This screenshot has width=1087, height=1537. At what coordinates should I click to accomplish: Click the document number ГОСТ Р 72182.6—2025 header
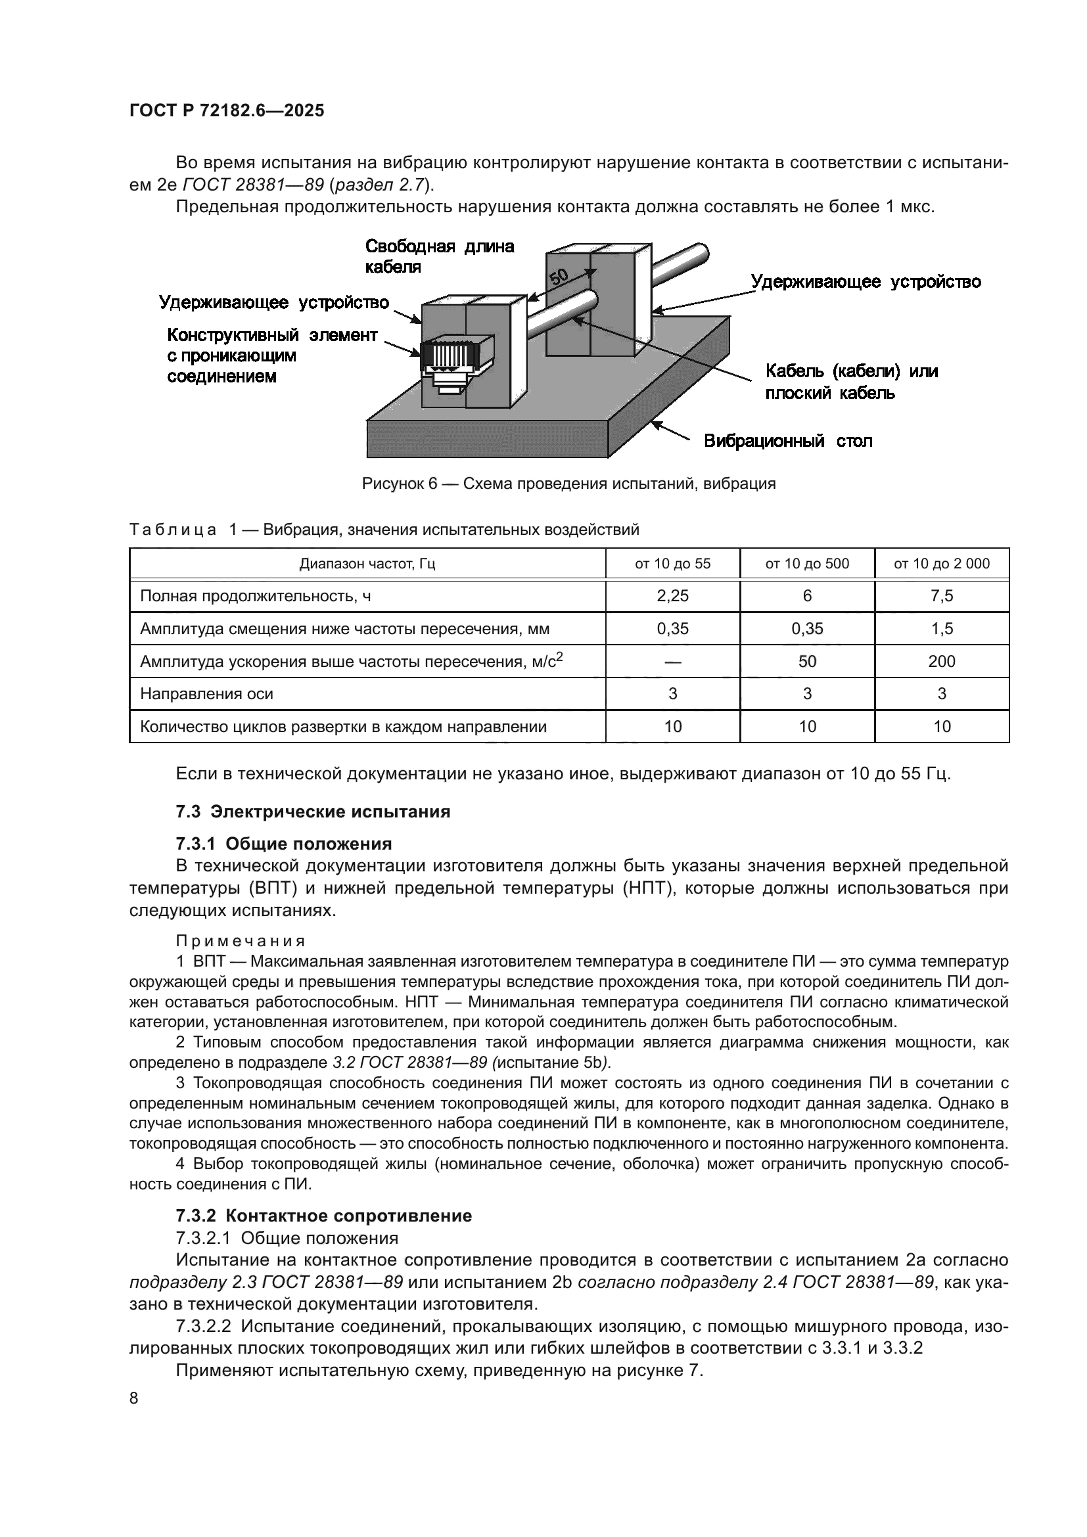[226, 110]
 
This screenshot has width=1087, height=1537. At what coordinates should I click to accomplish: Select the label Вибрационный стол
[788, 441]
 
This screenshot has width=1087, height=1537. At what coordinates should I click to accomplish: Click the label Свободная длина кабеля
[439, 256]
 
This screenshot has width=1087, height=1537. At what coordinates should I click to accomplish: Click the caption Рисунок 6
[568, 484]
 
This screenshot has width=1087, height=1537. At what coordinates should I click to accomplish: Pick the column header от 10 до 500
[806, 564]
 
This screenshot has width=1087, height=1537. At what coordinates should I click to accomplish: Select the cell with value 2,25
[672, 596]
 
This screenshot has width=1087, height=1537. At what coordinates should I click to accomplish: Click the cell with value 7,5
[941, 596]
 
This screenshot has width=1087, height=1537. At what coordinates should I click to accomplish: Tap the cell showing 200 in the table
[941, 662]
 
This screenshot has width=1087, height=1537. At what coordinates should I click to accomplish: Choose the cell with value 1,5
[941, 629]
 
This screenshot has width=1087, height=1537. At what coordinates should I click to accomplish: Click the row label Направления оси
[206, 693]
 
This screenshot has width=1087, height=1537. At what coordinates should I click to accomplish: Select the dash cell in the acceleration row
[672, 662]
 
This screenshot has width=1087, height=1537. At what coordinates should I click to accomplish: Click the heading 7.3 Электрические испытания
[313, 812]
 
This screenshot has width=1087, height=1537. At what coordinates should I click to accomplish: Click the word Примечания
[241, 941]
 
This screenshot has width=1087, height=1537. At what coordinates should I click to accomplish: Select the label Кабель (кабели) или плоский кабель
[850, 382]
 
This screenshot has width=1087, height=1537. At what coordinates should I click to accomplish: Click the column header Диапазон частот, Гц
[367, 564]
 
